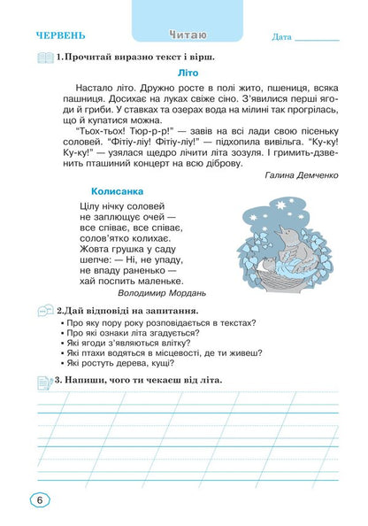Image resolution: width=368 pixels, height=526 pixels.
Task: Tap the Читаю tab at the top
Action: (x=187, y=35)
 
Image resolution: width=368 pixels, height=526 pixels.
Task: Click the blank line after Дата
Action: (x=318, y=40)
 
